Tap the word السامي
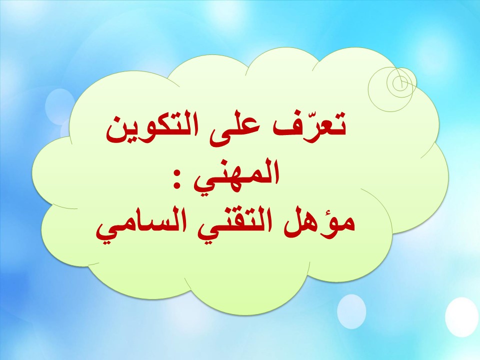(x=140, y=228)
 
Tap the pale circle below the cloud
(x=351, y=310)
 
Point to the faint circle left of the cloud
(x=59, y=105)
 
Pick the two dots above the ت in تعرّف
(x=339, y=115)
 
